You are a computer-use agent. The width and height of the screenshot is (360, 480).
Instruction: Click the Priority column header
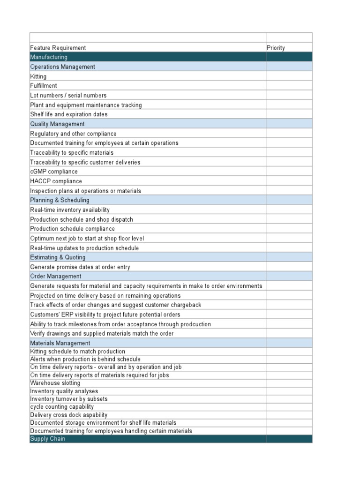pyautogui.click(x=276, y=48)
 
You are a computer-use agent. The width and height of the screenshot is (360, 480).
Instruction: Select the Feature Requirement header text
pyautogui.click(x=58, y=48)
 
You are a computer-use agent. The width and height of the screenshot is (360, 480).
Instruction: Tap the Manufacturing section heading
pyautogui.click(x=49, y=57)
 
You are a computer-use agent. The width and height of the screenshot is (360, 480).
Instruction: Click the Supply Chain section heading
pyautogui.click(x=48, y=439)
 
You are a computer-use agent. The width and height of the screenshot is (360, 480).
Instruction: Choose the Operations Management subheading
pyautogui.click(x=62, y=67)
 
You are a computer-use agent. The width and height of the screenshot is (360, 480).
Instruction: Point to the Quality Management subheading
pyautogui.click(x=57, y=124)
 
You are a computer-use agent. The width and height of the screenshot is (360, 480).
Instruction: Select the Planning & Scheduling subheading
pyautogui.click(x=60, y=200)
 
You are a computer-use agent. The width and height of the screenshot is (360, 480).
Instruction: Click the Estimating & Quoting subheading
pyautogui.click(x=58, y=257)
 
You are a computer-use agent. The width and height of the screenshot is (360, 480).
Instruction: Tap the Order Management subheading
pyautogui.click(x=55, y=277)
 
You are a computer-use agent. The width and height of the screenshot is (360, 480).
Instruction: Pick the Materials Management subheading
pyautogui.click(x=60, y=343)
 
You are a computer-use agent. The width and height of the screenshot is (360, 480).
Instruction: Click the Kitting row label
pyautogui.click(x=38, y=76)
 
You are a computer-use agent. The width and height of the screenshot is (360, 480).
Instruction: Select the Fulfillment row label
pyautogui.click(x=44, y=86)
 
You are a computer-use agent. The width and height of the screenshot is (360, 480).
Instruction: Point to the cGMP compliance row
pyautogui.click(x=54, y=172)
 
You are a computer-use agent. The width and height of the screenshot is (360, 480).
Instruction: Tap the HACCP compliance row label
pyautogui.click(x=56, y=181)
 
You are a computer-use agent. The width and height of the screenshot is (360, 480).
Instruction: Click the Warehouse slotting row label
pyautogui.click(x=55, y=383)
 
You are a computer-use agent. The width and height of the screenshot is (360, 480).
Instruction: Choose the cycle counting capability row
pyautogui.click(x=62, y=407)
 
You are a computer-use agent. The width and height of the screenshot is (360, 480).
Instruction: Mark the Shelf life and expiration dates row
pyautogui.click(x=69, y=114)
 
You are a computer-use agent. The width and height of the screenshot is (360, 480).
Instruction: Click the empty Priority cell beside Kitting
pyautogui.click(x=289, y=76)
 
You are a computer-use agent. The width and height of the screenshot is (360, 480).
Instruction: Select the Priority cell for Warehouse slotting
pyautogui.click(x=289, y=383)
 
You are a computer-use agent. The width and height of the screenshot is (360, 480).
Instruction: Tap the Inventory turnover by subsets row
pyautogui.click(x=69, y=399)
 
